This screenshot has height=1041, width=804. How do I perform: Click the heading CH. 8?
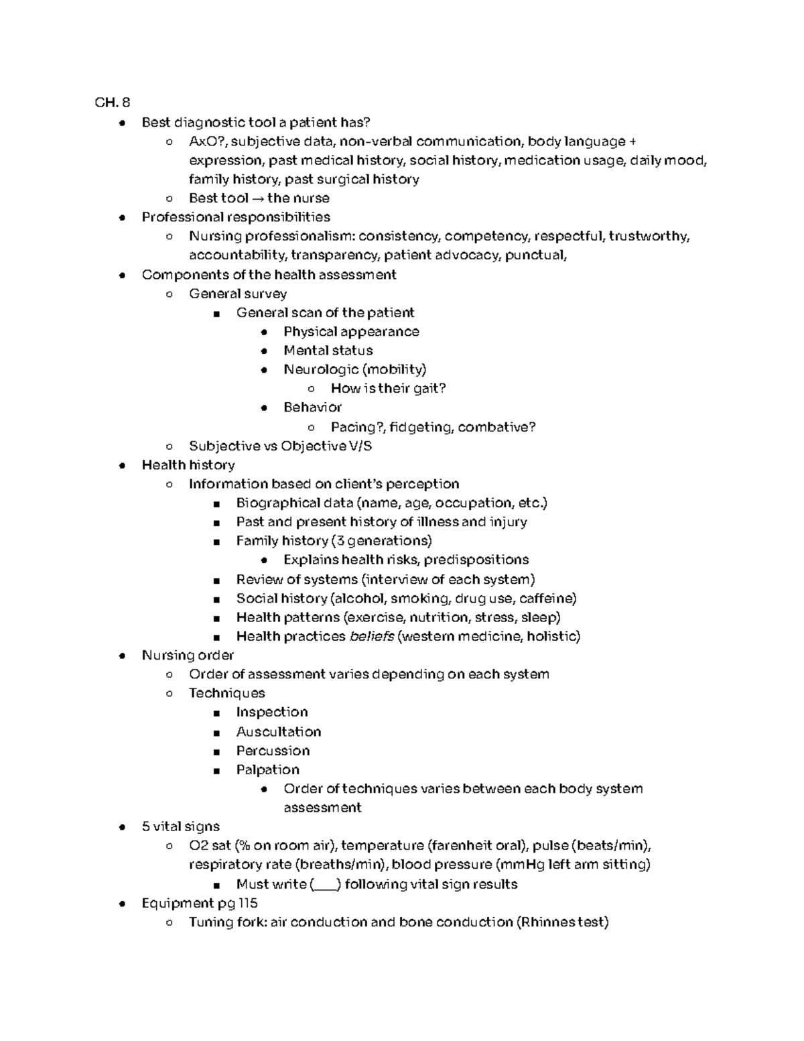[113, 103]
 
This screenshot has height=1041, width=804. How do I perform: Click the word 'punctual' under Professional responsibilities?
[535, 255]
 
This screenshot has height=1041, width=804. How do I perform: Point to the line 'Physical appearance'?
[351, 332]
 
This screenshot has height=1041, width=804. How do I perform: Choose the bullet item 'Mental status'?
[328, 351]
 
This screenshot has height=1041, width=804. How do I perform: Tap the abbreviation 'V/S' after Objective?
[360, 446]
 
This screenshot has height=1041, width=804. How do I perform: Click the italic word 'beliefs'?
[372, 636]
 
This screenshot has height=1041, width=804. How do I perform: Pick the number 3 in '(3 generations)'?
[340, 541]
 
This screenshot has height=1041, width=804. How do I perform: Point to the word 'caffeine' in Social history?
[548, 599]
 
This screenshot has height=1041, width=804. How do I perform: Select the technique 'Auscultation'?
[278, 731]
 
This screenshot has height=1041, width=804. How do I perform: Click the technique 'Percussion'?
[273, 751]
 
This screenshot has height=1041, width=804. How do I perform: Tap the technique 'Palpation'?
[267, 770]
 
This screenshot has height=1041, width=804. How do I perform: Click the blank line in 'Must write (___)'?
[326, 885]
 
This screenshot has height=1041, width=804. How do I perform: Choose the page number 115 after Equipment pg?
[248, 903]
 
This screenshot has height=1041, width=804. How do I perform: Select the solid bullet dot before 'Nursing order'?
[122, 656]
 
